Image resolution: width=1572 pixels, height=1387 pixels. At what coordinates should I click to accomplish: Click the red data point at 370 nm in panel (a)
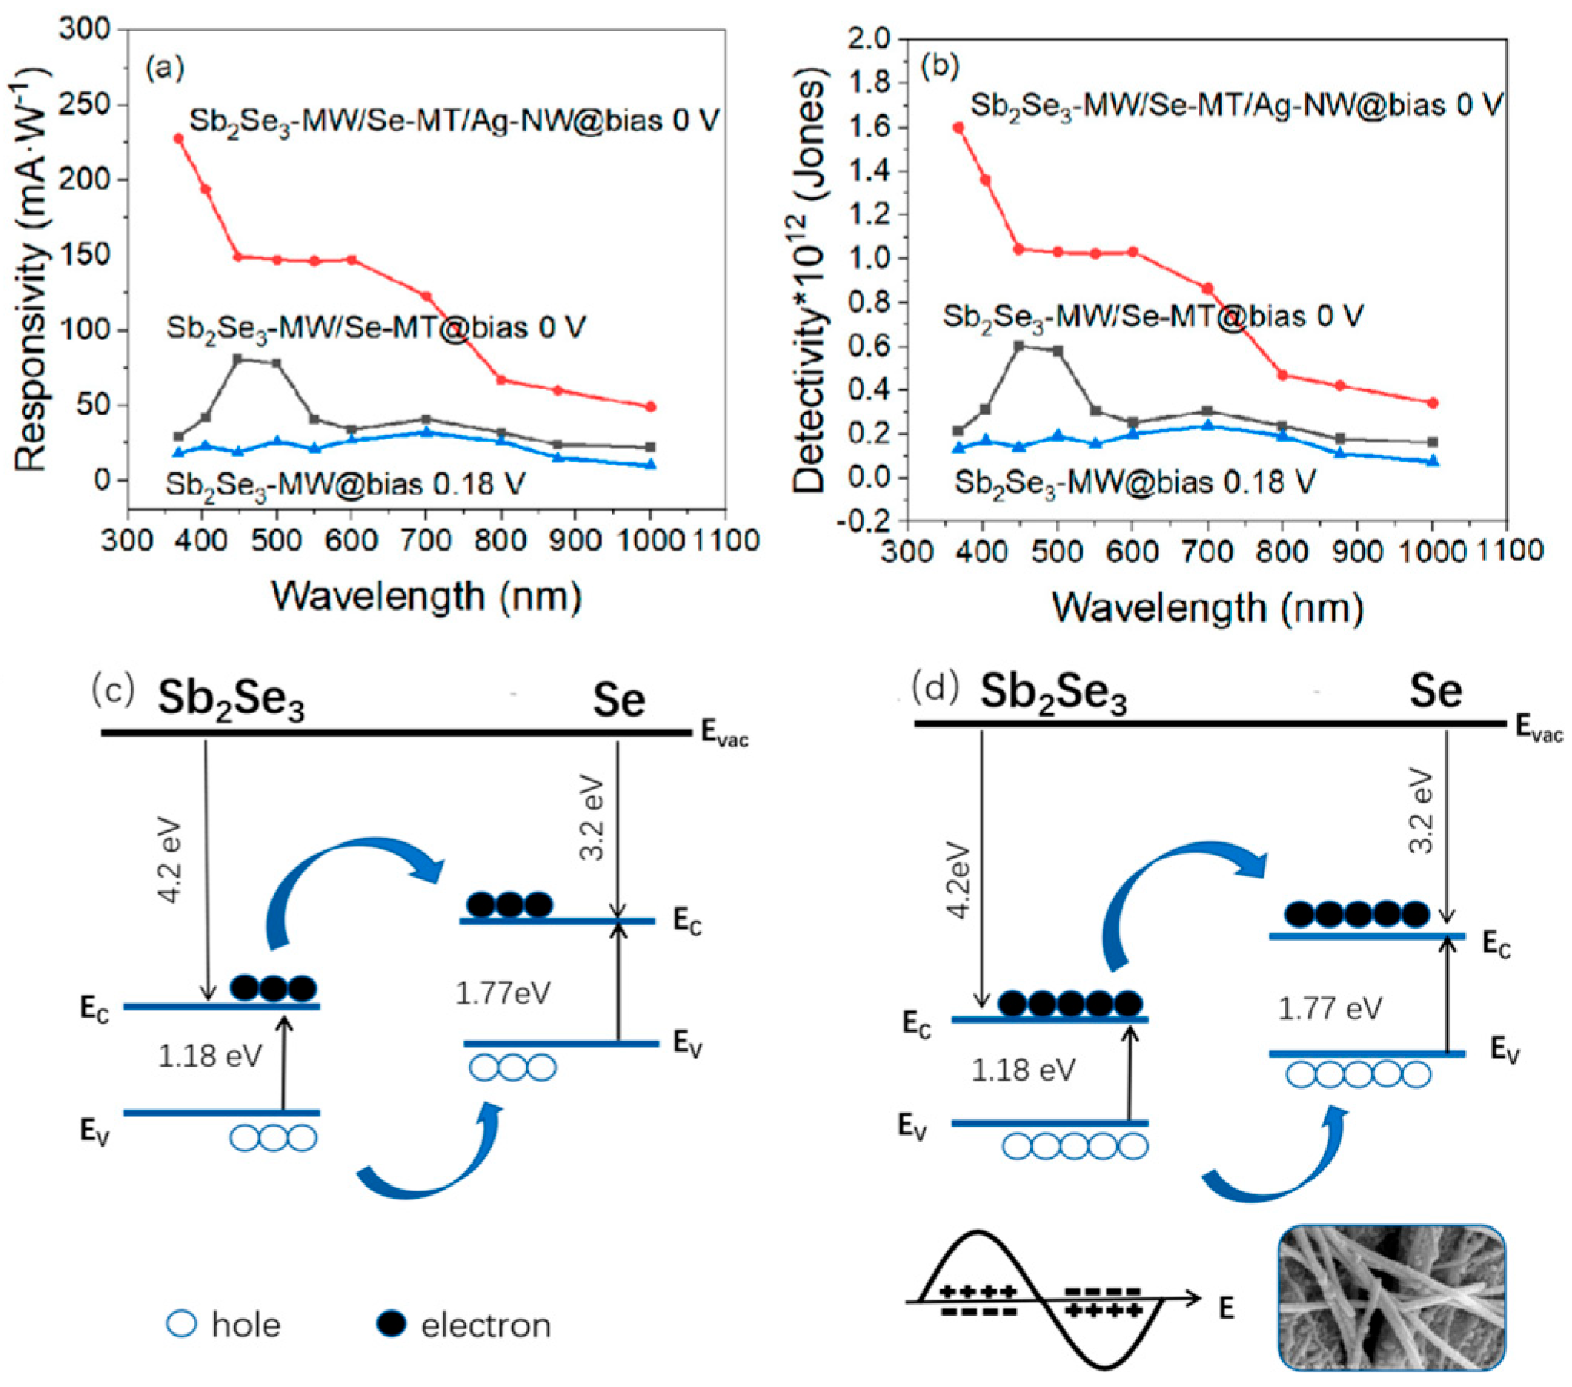click(178, 138)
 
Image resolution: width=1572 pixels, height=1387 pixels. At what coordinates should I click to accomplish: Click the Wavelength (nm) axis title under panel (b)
click(1208, 607)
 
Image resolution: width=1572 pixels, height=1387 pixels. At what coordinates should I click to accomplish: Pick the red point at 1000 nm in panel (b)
click(1433, 403)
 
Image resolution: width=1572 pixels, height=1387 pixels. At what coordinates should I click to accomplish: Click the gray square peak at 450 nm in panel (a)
click(237, 359)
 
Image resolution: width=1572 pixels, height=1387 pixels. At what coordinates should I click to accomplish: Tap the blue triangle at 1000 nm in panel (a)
click(651, 465)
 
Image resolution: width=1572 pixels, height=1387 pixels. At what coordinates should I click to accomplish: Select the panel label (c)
click(114, 688)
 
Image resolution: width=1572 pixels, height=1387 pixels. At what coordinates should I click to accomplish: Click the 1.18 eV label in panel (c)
click(209, 1057)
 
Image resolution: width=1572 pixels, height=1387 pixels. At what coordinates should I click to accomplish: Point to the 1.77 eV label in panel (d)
click(1330, 1008)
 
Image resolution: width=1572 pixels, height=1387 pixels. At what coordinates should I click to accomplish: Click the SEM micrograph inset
click(1391, 1309)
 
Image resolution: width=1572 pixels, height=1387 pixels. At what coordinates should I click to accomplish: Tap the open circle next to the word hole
click(182, 1324)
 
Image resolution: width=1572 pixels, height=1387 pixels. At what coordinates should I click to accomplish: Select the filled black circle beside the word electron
click(391, 1324)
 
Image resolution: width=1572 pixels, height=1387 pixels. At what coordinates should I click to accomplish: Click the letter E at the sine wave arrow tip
click(1226, 1308)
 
